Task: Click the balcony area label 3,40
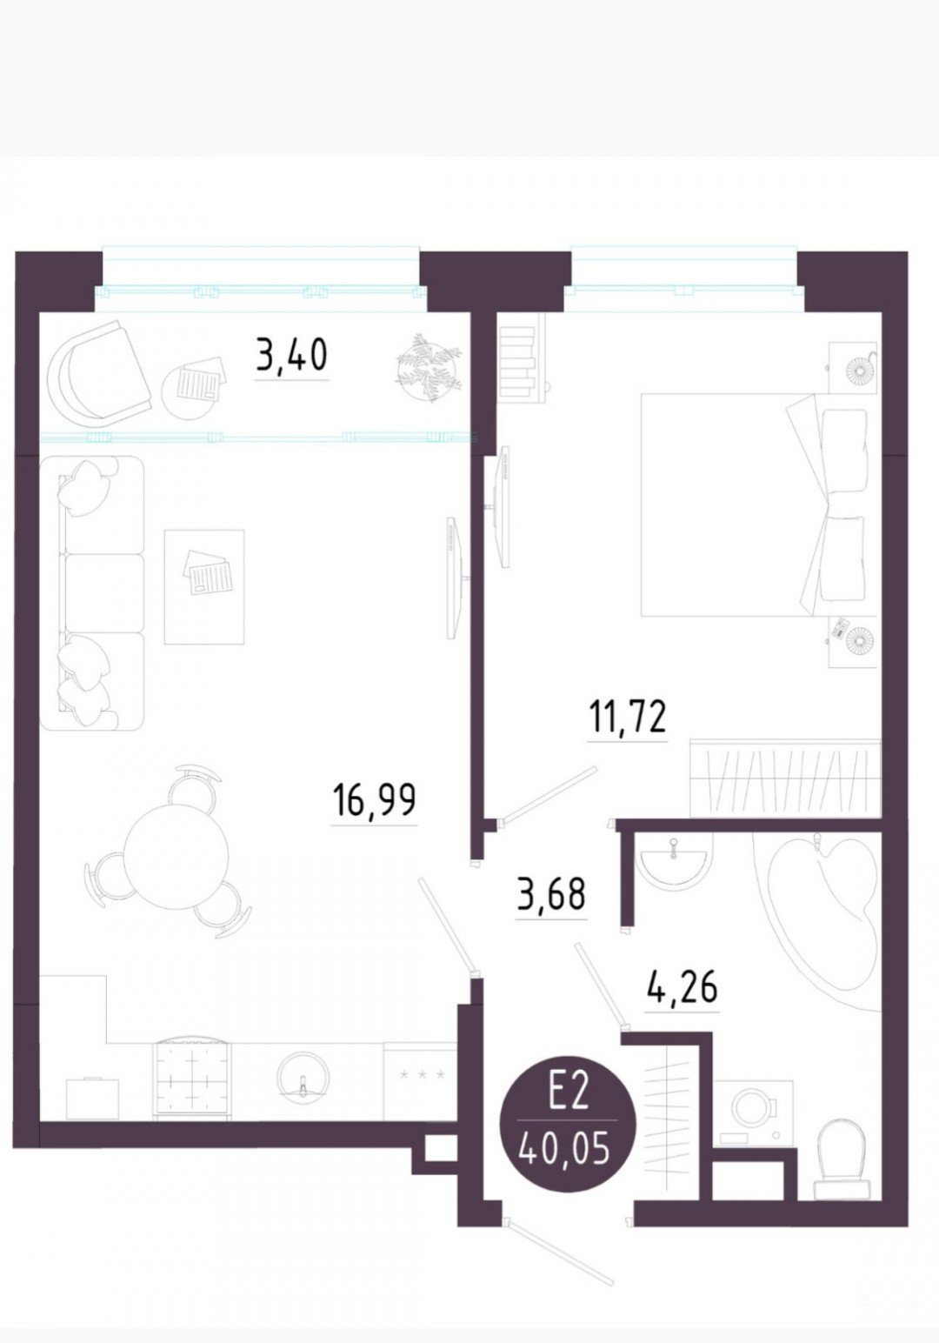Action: click(291, 355)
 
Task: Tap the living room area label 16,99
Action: click(375, 799)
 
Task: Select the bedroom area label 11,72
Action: click(628, 717)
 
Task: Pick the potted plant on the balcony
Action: click(429, 367)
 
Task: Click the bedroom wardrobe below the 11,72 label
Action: click(785, 778)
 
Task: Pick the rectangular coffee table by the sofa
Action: click(204, 586)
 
